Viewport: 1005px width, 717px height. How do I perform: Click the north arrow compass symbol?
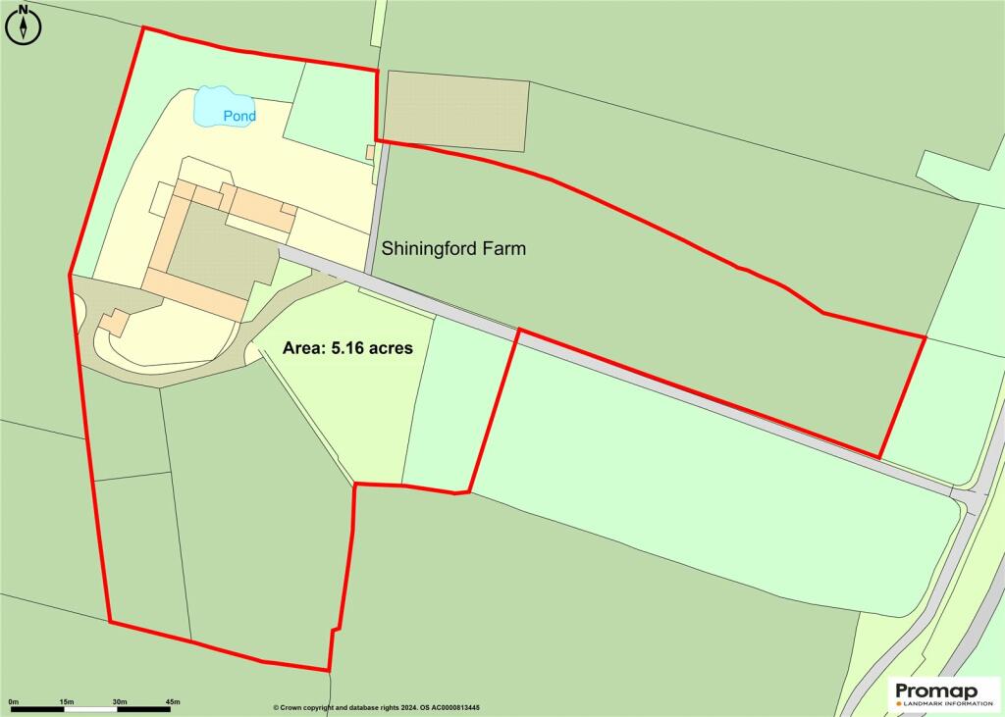tap(23, 24)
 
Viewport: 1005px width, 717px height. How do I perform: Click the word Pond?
tap(238, 117)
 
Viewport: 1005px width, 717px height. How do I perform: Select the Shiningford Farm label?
tap(453, 249)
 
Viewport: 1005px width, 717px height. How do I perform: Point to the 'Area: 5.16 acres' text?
tap(347, 348)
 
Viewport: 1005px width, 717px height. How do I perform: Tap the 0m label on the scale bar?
tap(14, 701)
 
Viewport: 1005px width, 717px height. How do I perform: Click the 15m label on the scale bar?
tap(67, 701)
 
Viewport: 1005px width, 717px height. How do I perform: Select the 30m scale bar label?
tap(120, 701)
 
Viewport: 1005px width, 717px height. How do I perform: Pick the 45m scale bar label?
tap(173, 701)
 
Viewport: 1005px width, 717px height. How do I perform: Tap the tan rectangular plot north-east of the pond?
tap(455, 111)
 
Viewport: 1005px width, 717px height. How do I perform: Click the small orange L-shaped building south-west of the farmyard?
tap(114, 322)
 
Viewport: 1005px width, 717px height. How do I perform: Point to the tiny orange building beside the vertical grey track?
tap(370, 152)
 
